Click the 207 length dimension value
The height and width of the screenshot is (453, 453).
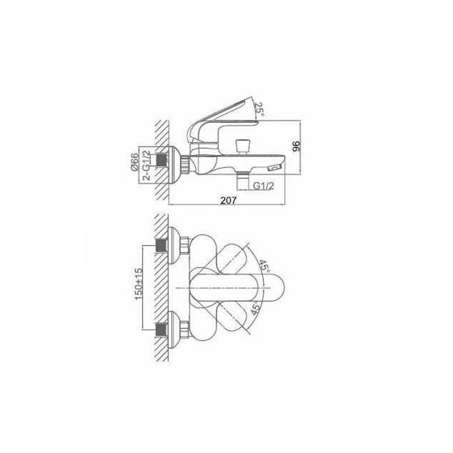tap(228, 200)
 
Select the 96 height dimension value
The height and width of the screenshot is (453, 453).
tap(297, 146)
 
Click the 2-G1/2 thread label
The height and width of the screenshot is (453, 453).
tap(147, 165)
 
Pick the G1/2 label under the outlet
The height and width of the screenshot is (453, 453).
tap(263, 186)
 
